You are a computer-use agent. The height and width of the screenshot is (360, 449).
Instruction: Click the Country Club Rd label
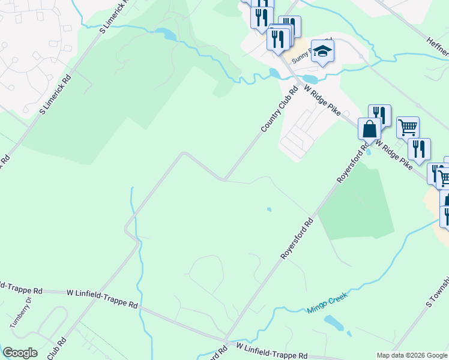(x=280, y=110)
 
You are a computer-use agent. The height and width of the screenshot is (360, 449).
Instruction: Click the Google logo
(x=20, y=353)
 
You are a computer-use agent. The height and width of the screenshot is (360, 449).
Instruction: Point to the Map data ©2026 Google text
(x=412, y=355)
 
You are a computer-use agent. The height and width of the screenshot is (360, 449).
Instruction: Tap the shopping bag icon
(x=369, y=129)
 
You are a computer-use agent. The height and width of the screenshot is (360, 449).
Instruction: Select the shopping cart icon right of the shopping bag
(x=408, y=127)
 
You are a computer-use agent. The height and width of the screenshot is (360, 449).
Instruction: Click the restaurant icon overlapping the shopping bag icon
(x=379, y=115)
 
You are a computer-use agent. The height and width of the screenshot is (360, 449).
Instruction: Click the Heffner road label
(x=436, y=43)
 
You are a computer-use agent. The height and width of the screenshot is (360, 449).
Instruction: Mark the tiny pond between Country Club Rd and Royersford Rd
(x=269, y=209)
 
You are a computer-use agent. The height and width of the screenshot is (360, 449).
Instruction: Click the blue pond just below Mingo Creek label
(x=334, y=323)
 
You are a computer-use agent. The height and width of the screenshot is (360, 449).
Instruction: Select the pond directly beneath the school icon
(x=310, y=79)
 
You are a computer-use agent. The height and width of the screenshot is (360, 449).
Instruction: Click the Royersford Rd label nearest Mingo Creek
(x=297, y=238)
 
